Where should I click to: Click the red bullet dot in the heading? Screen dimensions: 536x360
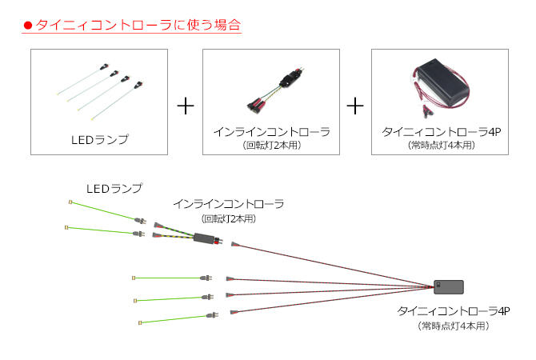[28, 26]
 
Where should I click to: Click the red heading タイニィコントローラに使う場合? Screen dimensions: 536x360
[138, 25]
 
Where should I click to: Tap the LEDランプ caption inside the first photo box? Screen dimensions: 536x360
[100, 139]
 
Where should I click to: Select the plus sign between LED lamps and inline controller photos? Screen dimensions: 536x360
[186, 106]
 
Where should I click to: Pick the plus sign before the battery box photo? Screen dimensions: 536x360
[355, 106]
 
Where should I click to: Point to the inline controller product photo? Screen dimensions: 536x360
[275, 90]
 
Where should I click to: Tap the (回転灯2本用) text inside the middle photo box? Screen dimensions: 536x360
[272, 146]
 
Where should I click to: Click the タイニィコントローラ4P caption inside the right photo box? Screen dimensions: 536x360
[442, 132]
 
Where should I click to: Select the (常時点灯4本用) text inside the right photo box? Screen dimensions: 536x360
[442, 146]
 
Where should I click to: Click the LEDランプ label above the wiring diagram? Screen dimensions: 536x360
[114, 188]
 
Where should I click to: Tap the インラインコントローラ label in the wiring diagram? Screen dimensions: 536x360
[229, 204]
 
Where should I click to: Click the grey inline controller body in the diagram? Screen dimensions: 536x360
[204, 238]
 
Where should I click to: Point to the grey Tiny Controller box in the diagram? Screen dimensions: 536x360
[449, 287]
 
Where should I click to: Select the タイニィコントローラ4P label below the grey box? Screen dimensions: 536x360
[454, 311]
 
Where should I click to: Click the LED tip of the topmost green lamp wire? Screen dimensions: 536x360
[70, 202]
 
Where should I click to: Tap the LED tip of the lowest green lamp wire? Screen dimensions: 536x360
[140, 322]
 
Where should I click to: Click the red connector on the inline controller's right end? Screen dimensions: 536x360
[218, 241]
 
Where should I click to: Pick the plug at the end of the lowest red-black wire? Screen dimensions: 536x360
[234, 313]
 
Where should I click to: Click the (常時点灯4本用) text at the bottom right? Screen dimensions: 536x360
[454, 326]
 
